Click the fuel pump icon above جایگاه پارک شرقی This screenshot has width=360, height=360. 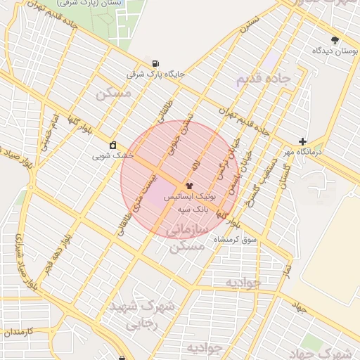click(154, 63)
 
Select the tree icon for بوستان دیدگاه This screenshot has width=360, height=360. click(334, 40)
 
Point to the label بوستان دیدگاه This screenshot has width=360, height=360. click(332, 51)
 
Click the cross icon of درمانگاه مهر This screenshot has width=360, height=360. click(302, 141)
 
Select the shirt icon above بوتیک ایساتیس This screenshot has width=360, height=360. click(188, 186)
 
